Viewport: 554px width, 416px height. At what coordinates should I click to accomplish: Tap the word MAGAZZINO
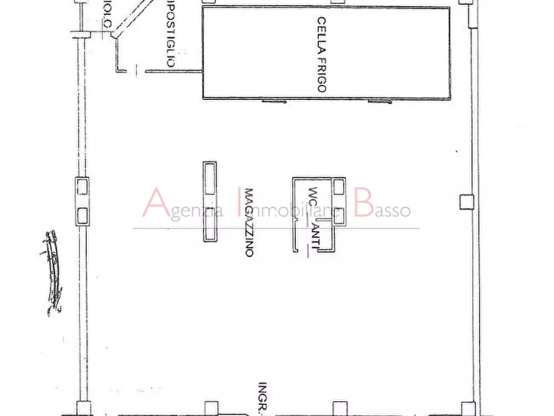click(249, 223)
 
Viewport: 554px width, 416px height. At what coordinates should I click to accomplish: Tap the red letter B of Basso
click(364, 204)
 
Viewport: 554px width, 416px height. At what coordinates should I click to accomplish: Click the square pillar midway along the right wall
click(466, 201)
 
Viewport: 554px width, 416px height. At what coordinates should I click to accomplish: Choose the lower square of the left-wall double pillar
click(82, 215)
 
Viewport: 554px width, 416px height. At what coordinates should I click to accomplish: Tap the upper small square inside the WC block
click(338, 187)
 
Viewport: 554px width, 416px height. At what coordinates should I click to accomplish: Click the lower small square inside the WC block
click(339, 215)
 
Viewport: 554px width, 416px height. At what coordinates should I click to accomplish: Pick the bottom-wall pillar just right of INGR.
click(339, 409)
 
